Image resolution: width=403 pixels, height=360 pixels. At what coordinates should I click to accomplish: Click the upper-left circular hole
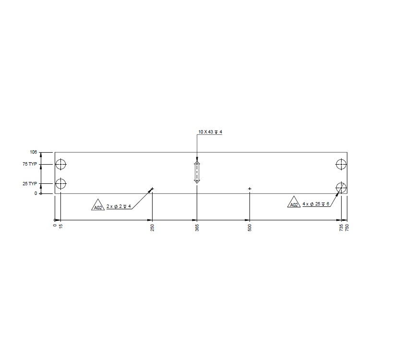[x=61, y=165]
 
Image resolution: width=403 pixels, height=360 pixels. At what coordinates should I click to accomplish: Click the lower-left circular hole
[x=61, y=183]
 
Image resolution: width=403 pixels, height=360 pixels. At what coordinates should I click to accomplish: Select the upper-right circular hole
[x=341, y=165]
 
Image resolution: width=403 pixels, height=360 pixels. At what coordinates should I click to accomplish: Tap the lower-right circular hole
[x=341, y=187]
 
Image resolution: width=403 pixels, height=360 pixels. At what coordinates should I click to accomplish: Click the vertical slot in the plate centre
[x=197, y=172]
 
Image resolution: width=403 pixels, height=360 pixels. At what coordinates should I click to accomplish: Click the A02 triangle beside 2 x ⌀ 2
[x=98, y=205]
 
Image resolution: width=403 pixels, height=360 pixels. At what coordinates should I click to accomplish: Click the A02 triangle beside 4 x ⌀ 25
[x=294, y=203]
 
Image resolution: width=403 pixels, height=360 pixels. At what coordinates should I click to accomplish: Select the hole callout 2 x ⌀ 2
[x=119, y=206]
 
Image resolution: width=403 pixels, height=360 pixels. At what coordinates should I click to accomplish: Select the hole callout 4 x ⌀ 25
[x=316, y=204]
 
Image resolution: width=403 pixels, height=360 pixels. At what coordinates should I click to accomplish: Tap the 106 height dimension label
[x=33, y=152]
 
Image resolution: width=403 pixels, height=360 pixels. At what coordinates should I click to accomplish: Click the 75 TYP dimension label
[x=30, y=165]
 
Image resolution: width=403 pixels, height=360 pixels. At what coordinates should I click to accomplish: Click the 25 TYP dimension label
[x=30, y=183]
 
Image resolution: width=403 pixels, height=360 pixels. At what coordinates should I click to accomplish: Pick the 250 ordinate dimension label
[x=152, y=228]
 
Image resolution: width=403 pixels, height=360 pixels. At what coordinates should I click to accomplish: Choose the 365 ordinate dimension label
[x=197, y=228]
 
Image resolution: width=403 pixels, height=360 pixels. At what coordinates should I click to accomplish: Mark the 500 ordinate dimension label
[x=250, y=228]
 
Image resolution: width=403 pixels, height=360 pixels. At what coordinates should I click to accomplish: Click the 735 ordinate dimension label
[x=341, y=228]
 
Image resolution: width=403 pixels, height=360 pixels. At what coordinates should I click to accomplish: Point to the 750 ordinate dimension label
[x=347, y=228]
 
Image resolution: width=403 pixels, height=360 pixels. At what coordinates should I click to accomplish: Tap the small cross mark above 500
[x=250, y=189]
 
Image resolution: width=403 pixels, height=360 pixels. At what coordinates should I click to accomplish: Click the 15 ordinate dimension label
[x=60, y=226]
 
